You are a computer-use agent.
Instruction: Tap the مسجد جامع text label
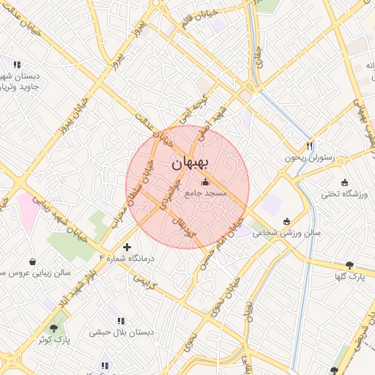point(206,193)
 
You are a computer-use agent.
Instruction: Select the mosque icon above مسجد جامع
point(205,182)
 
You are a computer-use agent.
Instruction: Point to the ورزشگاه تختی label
point(344,194)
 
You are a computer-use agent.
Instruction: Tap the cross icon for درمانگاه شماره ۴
point(127,248)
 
